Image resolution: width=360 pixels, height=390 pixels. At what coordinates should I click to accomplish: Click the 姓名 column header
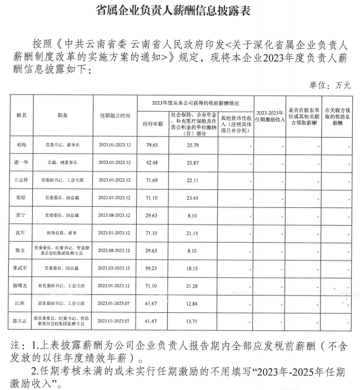click(22, 115)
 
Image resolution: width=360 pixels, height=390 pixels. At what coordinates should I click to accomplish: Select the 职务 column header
click(62, 115)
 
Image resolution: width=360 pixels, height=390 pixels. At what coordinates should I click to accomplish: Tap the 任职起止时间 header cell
click(115, 115)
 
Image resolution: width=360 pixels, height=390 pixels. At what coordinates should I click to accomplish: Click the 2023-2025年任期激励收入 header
click(271, 115)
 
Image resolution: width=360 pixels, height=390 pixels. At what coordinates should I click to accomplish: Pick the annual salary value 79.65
click(152, 146)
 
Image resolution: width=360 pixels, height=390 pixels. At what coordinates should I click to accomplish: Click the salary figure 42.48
click(152, 162)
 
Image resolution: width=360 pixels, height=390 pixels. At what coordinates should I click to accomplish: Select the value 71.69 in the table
click(152, 180)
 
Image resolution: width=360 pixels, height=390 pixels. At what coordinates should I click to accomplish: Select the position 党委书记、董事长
click(62, 146)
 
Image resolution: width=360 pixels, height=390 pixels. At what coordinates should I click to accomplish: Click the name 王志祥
click(22, 180)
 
